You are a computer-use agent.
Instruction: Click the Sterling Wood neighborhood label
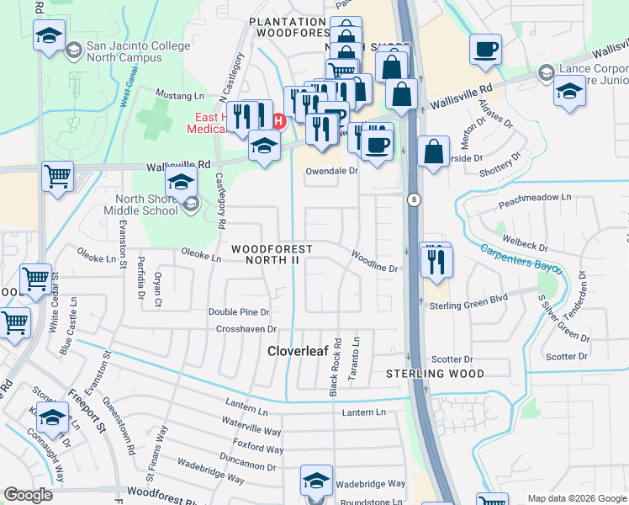tap(435, 373)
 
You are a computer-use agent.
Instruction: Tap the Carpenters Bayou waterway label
tap(522, 261)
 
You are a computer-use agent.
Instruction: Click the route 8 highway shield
tap(414, 199)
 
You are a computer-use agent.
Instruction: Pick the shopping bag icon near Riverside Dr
tap(433, 153)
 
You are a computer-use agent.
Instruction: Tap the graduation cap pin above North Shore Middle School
tap(181, 181)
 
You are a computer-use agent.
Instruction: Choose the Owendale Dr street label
tap(330, 170)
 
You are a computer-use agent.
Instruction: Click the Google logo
tap(29, 495)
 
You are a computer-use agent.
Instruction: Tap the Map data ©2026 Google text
tap(576, 498)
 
